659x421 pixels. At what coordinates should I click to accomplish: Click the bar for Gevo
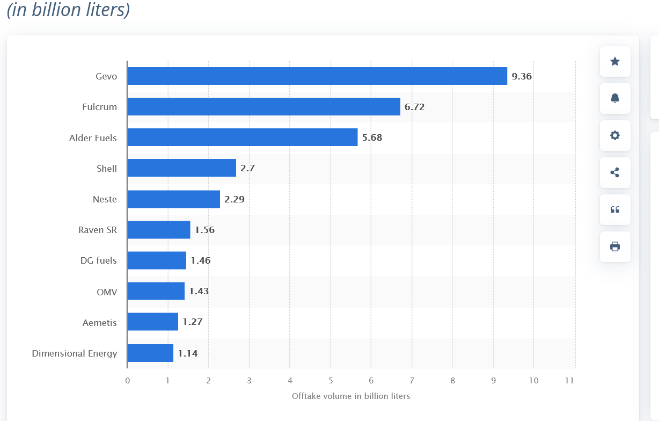(x=317, y=76)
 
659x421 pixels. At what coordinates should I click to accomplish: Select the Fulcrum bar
(x=263, y=107)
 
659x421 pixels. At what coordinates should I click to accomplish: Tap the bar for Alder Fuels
(x=242, y=137)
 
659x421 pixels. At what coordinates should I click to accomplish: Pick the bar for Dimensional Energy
(x=150, y=353)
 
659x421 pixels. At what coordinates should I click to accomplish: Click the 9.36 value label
(x=522, y=76)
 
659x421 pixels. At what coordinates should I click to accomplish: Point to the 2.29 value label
(x=235, y=199)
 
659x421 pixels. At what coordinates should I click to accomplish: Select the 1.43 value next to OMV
(x=199, y=292)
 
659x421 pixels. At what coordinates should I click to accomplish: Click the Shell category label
(x=106, y=169)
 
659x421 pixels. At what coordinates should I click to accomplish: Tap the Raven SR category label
(x=97, y=230)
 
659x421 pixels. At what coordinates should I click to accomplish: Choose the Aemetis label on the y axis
(x=99, y=323)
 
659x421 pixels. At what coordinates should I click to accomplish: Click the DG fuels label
(x=98, y=261)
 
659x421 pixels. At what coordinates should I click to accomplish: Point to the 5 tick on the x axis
(x=331, y=381)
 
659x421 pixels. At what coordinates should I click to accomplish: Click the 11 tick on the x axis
(x=569, y=381)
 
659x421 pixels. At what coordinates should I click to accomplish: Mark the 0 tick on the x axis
(x=127, y=381)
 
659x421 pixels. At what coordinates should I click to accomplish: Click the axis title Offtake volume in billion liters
(x=351, y=396)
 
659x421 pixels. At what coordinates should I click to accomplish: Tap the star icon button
(x=615, y=61)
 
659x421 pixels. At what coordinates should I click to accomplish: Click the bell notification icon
(x=615, y=98)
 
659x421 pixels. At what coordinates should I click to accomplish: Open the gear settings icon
(x=615, y=135)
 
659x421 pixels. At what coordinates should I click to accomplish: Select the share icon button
(x=615, y=172)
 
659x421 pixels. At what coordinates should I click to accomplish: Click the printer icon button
(x=615, y=246)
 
